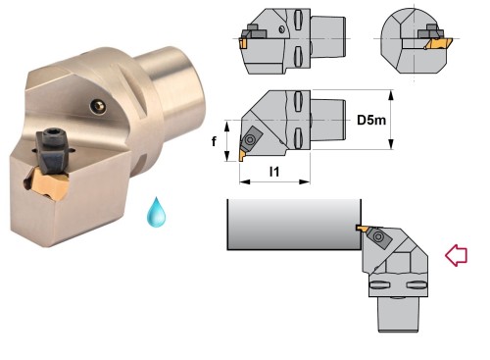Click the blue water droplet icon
[x=156, y=212]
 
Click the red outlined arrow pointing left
[x=457, y=255]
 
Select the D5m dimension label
[x=371, y=120]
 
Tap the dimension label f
[x=214, y=141]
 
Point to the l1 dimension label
[x=274, y=172]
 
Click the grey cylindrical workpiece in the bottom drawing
[x=294, y=225]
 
